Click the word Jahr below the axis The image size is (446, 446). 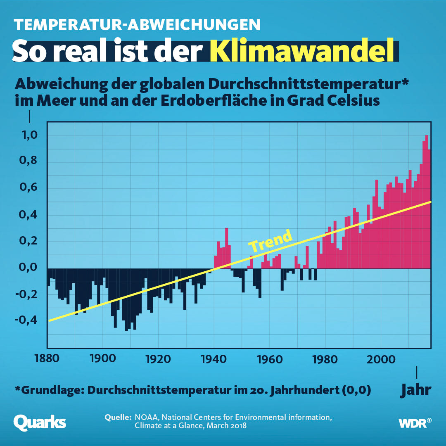click(x=416, y=389)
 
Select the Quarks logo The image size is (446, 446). click(x=40, y=422)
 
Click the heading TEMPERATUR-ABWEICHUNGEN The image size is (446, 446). click(x=137, y=24)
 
